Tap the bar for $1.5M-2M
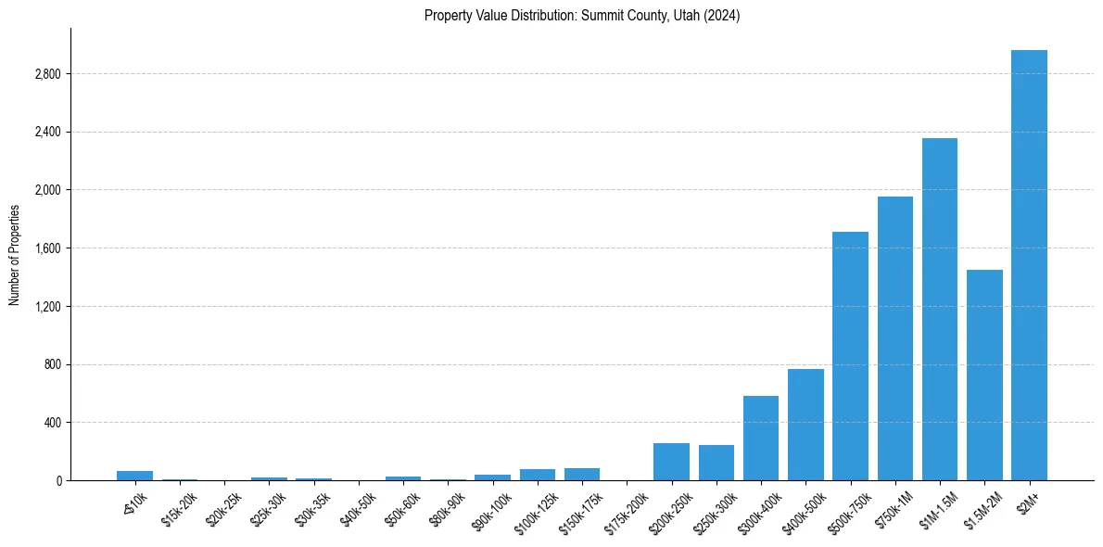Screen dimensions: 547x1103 pyautogui.click(x=984, y=375)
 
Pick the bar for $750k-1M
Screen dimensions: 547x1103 pyautogui.click(x=894, y=338)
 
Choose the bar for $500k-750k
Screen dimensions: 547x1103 pyautogui.click(x=850, y=356)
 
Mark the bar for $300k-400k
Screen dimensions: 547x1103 pyautogui.click(x=760, y=438)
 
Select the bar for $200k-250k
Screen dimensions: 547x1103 pyautogui.click(x=671, y=462)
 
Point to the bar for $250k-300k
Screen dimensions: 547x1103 pyautogui.click(x=716, y=463)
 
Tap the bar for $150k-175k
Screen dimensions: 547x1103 pyautogui.click(x=581, y=474)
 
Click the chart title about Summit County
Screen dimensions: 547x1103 pyautogui.click(x=581, y=16)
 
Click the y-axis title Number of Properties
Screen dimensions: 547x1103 pyautogui.click(x=15, y=254)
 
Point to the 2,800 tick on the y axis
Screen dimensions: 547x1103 pyautogui.click(x=47, y=74)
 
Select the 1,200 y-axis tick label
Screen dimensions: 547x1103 pyautogui.click(x=47, y=306)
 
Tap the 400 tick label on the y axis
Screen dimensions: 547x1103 pyautogui.click(x=52, y=423)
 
